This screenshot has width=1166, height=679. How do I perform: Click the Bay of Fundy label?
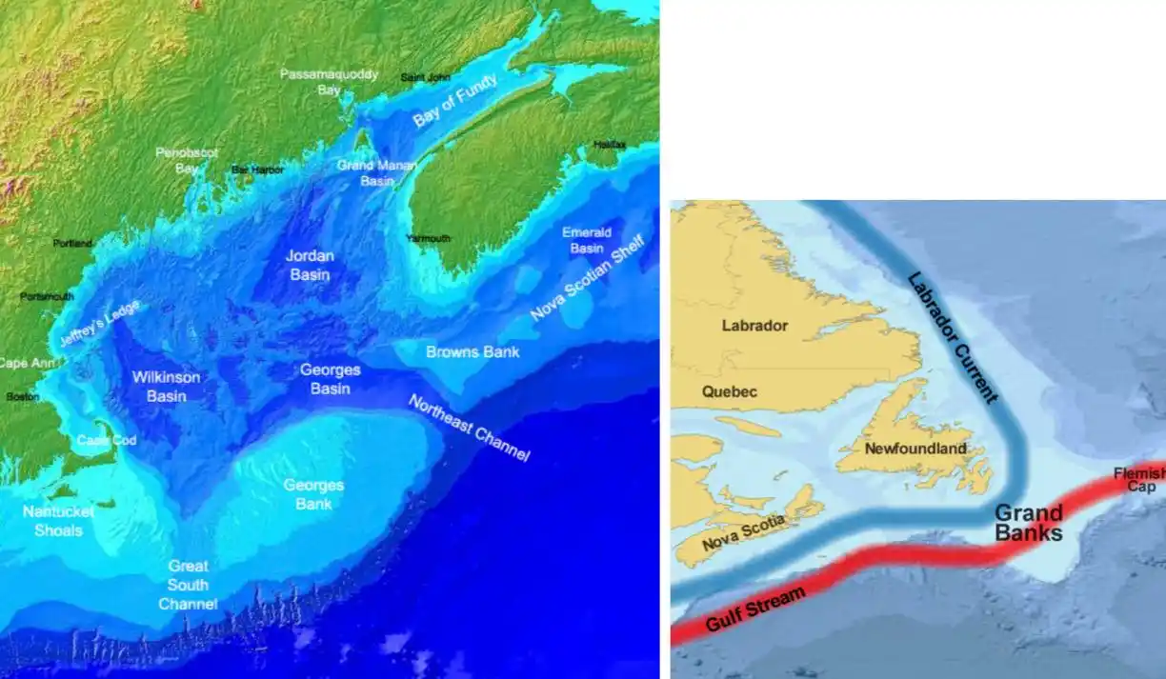pyautogui.click(x=454, y=101)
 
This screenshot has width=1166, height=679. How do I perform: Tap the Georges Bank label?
pyautogui.click(x=313, y=494)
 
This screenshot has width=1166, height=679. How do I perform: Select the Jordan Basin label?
pyautogui.click(x=311, y=266)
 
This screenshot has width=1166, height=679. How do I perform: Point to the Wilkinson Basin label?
pyautogui.click(x=167, y=386)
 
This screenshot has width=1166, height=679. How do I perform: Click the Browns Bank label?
pyautogui.click(x=472, y=352)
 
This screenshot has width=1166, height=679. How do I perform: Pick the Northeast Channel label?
pyautogui.click(x=469, y=428)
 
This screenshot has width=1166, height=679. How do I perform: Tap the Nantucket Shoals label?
pyautogui.click(x=58, y=520)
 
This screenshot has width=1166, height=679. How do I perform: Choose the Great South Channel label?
pyautogui.click(x=188, y=585)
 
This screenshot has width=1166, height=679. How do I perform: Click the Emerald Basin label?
pyautogui.click(x=587, y=240)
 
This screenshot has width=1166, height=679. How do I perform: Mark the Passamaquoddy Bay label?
pyautogui.click(x=329, y=82)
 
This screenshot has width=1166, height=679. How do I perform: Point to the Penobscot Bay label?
pyautogui.click(x=188, y=160)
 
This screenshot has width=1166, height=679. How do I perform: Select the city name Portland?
pyautogui.click(x=72, y=244)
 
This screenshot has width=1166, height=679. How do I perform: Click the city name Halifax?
pyautogui.click(x=610, y=145)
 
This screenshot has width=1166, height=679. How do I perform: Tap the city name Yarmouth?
pyautogui.click(x=429, y=238)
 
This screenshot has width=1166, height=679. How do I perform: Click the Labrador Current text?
pyautogui.click(x=952, y=337)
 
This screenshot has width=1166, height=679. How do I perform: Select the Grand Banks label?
pyautogui.click(x=1028, y=523)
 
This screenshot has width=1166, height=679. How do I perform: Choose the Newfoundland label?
pyautogui.click(x=915, y=449)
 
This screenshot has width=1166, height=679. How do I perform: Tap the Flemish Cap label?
pyautogui.click(x=1142, y=479)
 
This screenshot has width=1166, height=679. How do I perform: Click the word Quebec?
pyautogui.click(x=729, y=391)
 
